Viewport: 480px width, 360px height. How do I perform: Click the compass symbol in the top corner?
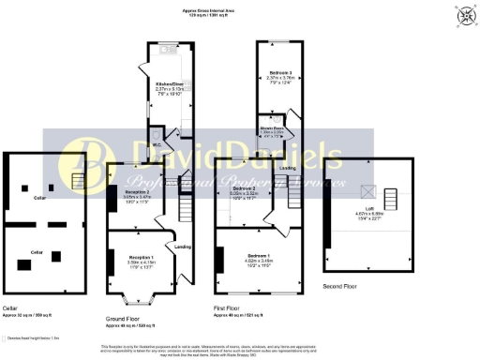(x=463, y=16)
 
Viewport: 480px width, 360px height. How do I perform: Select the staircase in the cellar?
(x=78, y=178)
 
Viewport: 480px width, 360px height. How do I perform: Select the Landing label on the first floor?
(x=288, y=168)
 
